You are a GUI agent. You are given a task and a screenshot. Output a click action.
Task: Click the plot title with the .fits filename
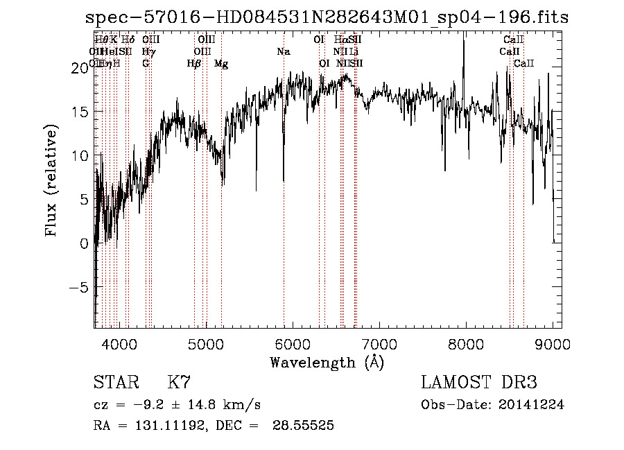pos(327,18)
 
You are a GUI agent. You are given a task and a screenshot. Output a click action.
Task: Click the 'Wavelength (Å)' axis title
pos(327,362)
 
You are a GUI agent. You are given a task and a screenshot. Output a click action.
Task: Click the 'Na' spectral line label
pos(283,52)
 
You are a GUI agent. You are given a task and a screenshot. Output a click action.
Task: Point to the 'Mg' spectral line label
pos(221,64)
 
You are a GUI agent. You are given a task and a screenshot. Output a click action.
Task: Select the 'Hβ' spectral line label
pos(195,64)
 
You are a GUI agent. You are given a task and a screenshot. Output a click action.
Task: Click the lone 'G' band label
pos(146,64)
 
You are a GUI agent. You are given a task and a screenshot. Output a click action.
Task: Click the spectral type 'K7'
pos(179,383)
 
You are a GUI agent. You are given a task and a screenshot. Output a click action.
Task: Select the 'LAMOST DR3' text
pos(478,383)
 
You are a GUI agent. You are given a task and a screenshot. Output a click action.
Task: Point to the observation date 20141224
pos(530,405)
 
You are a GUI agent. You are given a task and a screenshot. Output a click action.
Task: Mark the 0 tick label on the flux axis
pos(84,244)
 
